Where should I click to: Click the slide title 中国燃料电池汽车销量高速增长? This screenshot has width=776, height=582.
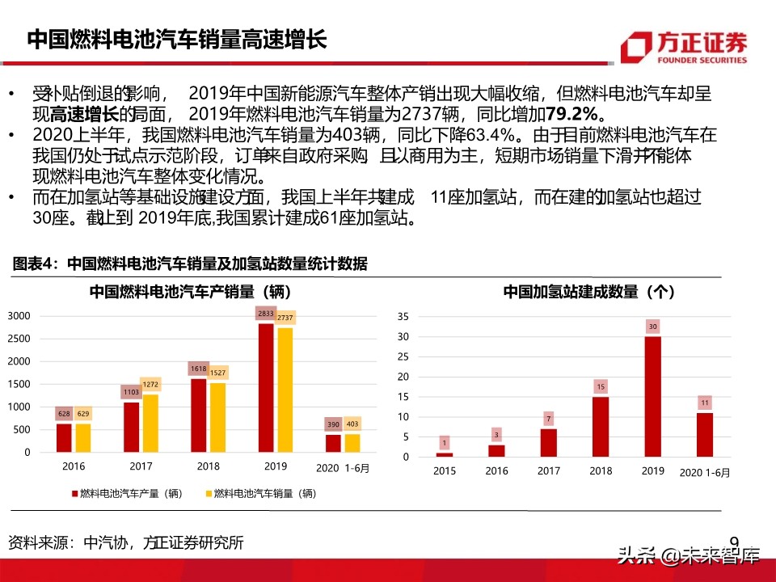[x=177, y=40]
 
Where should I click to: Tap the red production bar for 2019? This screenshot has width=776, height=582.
[x=265, y=388]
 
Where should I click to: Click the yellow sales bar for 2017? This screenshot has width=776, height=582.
[x=150, y=423]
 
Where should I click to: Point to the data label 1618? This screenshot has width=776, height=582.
[x=197, y=368]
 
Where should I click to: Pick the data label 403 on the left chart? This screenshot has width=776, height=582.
[x=352, y=424]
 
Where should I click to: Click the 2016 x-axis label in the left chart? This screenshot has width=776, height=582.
[x=73, y=466]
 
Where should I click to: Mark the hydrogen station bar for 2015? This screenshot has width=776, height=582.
[x=445, y=454]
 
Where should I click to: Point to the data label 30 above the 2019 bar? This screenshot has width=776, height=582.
[x=652, y=327]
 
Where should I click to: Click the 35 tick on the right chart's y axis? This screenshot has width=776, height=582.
[x=404, y=316]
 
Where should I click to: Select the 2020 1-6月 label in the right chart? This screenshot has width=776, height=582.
[x=704, y=472]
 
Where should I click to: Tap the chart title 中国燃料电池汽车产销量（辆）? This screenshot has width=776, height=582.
[x=190, y=292]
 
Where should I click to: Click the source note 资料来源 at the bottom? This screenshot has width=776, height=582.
[x=125, y=542]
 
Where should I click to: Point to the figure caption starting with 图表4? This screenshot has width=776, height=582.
[x=190, y=264]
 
